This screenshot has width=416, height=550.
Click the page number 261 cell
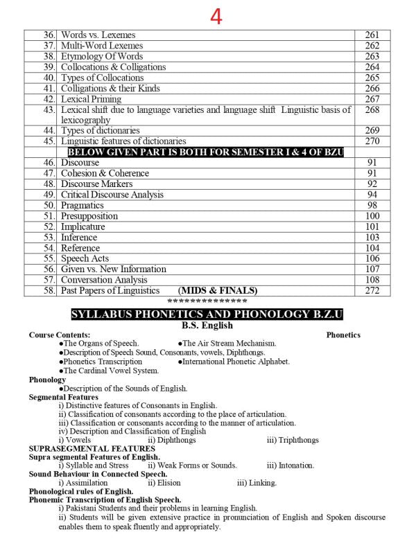(372, 35)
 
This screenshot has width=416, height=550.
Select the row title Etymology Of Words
(102, 56)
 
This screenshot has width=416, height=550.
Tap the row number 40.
(49, 78)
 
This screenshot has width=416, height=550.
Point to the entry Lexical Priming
(91, 99)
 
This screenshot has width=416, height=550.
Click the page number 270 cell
(372, 141)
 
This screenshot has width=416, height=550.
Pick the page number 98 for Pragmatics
(372, 205)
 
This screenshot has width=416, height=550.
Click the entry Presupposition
(89, 216)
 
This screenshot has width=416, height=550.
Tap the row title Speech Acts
(85, 258)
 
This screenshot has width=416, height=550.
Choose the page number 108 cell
(372, 280)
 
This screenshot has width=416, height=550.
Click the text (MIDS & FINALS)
(218, 290)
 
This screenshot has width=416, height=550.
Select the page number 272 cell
(372, 290)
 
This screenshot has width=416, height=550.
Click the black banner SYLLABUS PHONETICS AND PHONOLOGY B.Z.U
(207, 314)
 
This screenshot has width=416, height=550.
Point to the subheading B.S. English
(207, 325)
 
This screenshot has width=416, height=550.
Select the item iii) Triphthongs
(293, 440)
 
